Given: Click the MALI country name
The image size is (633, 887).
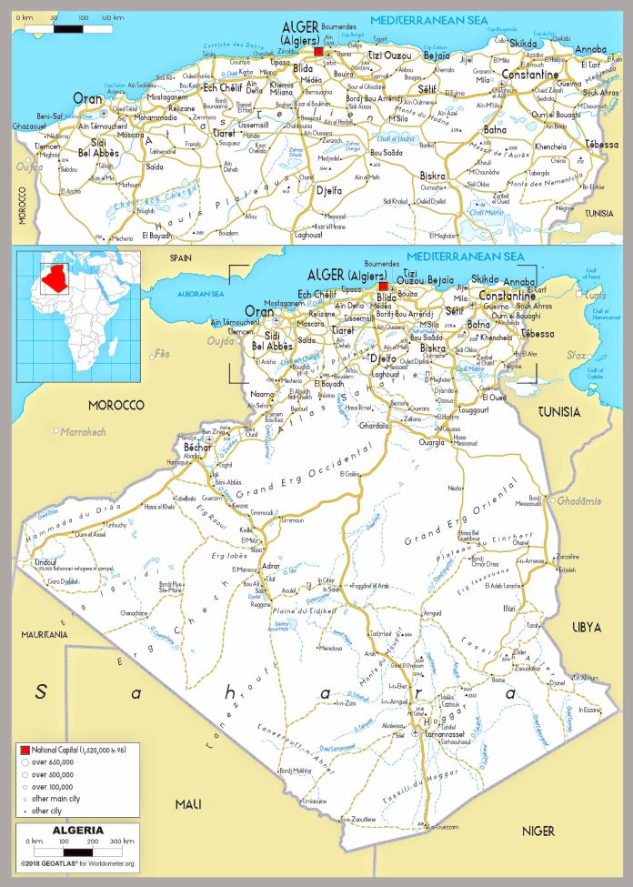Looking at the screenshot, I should (188, 803).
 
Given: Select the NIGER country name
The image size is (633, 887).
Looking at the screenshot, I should (538, 831).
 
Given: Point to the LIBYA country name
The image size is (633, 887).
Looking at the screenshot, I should (586, 627).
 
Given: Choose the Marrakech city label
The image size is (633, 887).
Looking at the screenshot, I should (84, 430).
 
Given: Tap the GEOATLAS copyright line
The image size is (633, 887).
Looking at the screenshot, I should (77, 862).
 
